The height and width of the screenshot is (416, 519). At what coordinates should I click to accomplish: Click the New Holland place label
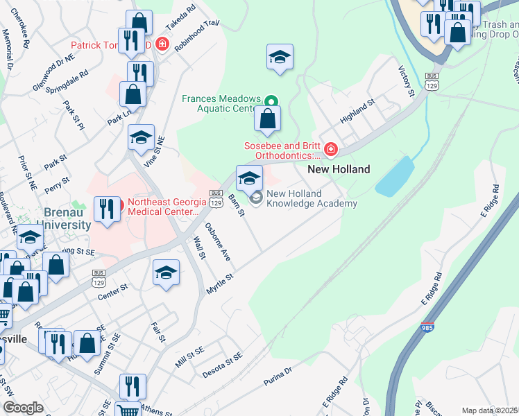coord(339,169)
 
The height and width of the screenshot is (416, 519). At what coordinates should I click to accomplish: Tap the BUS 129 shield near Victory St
coord(432,81)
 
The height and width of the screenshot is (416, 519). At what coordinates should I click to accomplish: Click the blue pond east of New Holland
coord(394,175)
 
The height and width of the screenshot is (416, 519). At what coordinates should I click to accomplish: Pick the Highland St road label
coord(357,111)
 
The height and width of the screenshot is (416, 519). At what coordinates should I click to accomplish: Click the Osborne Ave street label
coord(217,241)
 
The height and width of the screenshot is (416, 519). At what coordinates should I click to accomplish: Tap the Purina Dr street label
coord(279,377)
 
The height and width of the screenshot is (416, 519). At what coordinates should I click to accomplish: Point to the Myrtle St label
coord(219,283)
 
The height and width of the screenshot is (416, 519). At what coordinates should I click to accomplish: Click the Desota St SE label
coord(222,364)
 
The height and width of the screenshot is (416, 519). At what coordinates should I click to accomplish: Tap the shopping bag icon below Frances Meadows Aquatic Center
coord(267,119)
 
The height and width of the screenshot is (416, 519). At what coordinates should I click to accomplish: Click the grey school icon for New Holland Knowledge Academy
coord(256,199)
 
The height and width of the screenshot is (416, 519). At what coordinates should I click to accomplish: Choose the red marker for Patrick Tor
coord(162,44)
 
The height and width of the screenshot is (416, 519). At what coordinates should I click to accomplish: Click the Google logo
coord(23,408)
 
